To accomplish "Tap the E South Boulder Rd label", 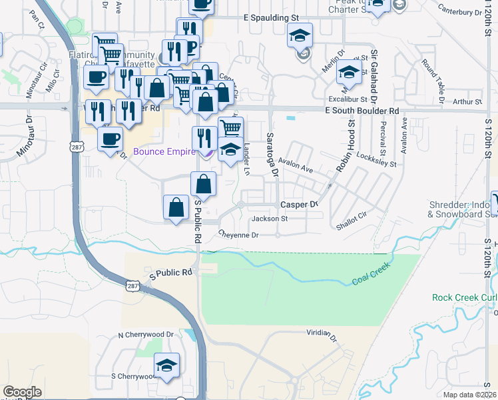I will click(362, 111).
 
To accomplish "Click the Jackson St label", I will click(269, 219).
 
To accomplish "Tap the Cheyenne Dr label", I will click(238, 235).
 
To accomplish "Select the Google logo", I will click(22, 392).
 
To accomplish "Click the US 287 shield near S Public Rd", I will click(132, 286).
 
